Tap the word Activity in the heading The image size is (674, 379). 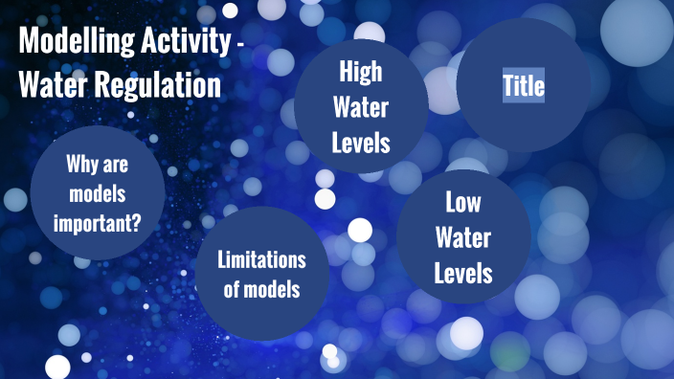186,44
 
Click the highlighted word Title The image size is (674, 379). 524,87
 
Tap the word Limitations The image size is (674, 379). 261,259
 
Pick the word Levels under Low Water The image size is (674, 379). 463,273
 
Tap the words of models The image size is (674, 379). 261,289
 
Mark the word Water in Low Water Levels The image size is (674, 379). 463,237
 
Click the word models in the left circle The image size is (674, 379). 98,195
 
